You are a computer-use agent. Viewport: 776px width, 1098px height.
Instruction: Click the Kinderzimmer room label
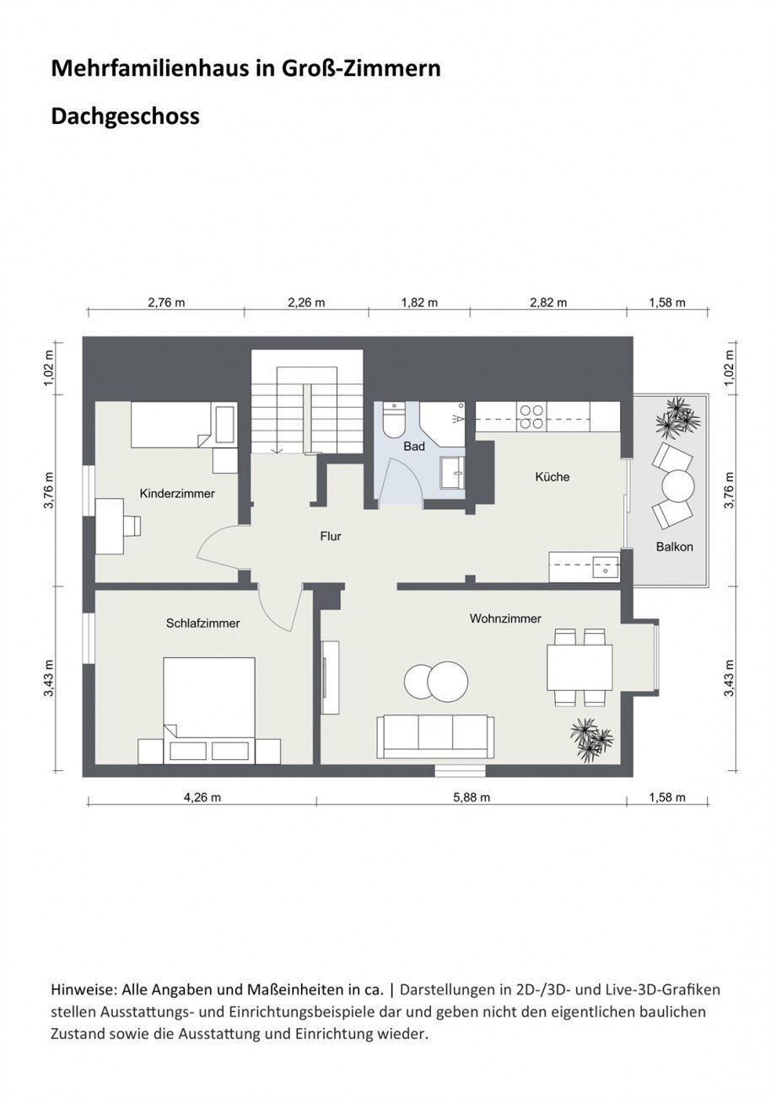coord(177,494)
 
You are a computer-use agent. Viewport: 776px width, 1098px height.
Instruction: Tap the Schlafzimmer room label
coord(202,624)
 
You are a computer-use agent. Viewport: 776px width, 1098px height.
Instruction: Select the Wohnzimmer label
coord(505,619)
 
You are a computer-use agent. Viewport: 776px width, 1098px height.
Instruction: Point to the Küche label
coord(552,477)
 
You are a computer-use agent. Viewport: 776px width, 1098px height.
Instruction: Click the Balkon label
coord(674,547)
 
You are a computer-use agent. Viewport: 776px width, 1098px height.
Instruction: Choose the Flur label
coord(331,536)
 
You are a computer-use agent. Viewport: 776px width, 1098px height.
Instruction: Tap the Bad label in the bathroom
coord(413,447)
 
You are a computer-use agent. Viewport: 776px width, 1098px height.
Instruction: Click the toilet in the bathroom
coord(393,419)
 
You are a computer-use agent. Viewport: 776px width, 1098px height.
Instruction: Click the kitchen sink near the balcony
coord(605,566)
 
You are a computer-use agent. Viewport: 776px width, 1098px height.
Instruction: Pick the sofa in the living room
coord(435,736)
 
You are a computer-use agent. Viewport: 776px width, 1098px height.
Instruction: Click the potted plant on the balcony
coord(676,417)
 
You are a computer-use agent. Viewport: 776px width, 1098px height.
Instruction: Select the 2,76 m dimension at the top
coord(166,303)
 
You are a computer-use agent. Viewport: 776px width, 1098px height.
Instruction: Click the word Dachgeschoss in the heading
coord(126,115)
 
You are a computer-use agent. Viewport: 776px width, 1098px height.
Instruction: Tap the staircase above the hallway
coord(306,404)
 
